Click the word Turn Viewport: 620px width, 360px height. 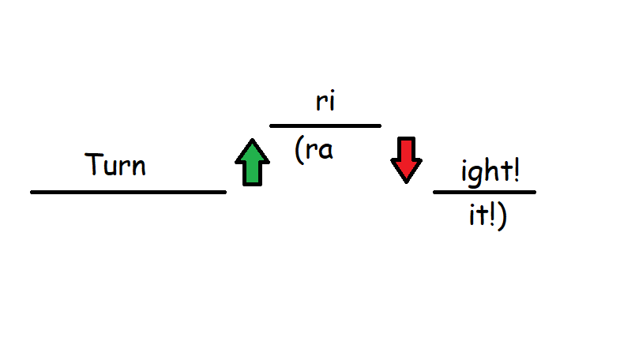coord(115,164)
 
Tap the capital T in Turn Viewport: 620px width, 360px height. coord(94,164)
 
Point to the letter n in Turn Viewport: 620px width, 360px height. coord(139,167)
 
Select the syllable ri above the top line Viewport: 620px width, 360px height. coord(325,101)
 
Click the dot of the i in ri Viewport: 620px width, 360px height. coord(332,93)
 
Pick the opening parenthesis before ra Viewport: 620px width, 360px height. coord(299,150)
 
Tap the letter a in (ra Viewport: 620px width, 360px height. coord(326,151)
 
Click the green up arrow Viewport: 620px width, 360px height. coord(252,162)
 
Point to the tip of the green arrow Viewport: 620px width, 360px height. coord(252,139)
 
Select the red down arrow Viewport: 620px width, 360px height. coord(406,160)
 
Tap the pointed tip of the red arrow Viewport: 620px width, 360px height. coord(406,183)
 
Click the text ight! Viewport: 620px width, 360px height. coord(490,173)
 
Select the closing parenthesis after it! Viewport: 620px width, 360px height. coord(502,216)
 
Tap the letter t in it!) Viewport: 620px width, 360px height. coord(482,215)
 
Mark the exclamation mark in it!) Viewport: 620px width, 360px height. coord(492,215)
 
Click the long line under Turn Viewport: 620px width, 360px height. coord(129,193)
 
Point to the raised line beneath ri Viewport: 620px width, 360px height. coord(325,126)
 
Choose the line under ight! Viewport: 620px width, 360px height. coord(484,193)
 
